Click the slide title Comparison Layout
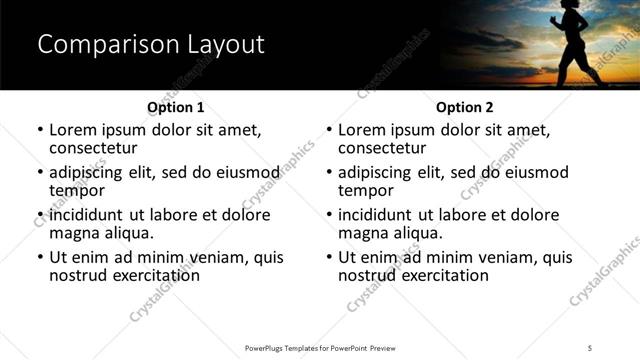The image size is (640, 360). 151,45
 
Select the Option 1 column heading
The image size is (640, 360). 176,107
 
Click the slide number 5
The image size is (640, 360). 590,347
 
